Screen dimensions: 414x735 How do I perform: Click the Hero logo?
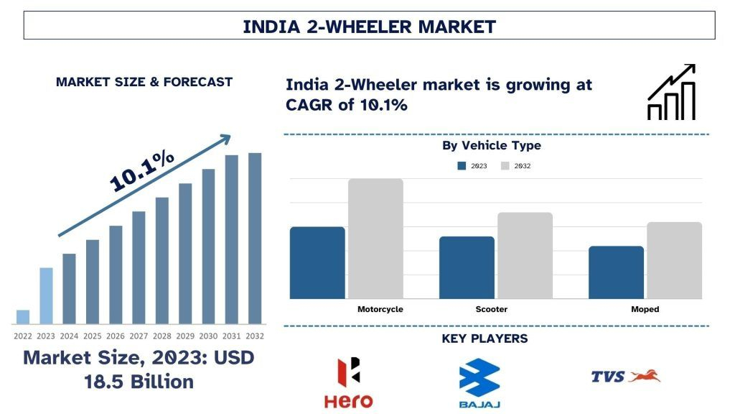click(348, 383)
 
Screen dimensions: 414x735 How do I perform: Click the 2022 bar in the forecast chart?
click(23, 317)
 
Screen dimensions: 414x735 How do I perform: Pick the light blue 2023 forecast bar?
click(46, 295)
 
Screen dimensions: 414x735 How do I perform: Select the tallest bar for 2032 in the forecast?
click(255, 238)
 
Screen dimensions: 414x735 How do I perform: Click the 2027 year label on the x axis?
click(139, 336)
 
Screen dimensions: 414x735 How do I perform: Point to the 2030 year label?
click(208, 336)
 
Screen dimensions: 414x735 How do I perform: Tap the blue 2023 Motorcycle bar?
click(317, 262)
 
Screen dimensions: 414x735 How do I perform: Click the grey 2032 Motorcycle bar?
click(375, 239)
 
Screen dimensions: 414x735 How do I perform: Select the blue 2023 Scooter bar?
click(467, 267)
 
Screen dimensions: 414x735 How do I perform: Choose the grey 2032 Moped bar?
click(674, 260)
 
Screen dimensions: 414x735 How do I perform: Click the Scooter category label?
click(491, 309)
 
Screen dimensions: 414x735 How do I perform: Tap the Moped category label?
click(645, 309)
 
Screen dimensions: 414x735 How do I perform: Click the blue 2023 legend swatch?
click(462, 165)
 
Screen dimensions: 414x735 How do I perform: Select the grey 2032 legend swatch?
click(505, 165)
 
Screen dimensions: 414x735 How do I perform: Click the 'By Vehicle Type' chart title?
click(491, 146)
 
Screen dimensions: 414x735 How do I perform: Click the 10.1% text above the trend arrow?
click(141, 171)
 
